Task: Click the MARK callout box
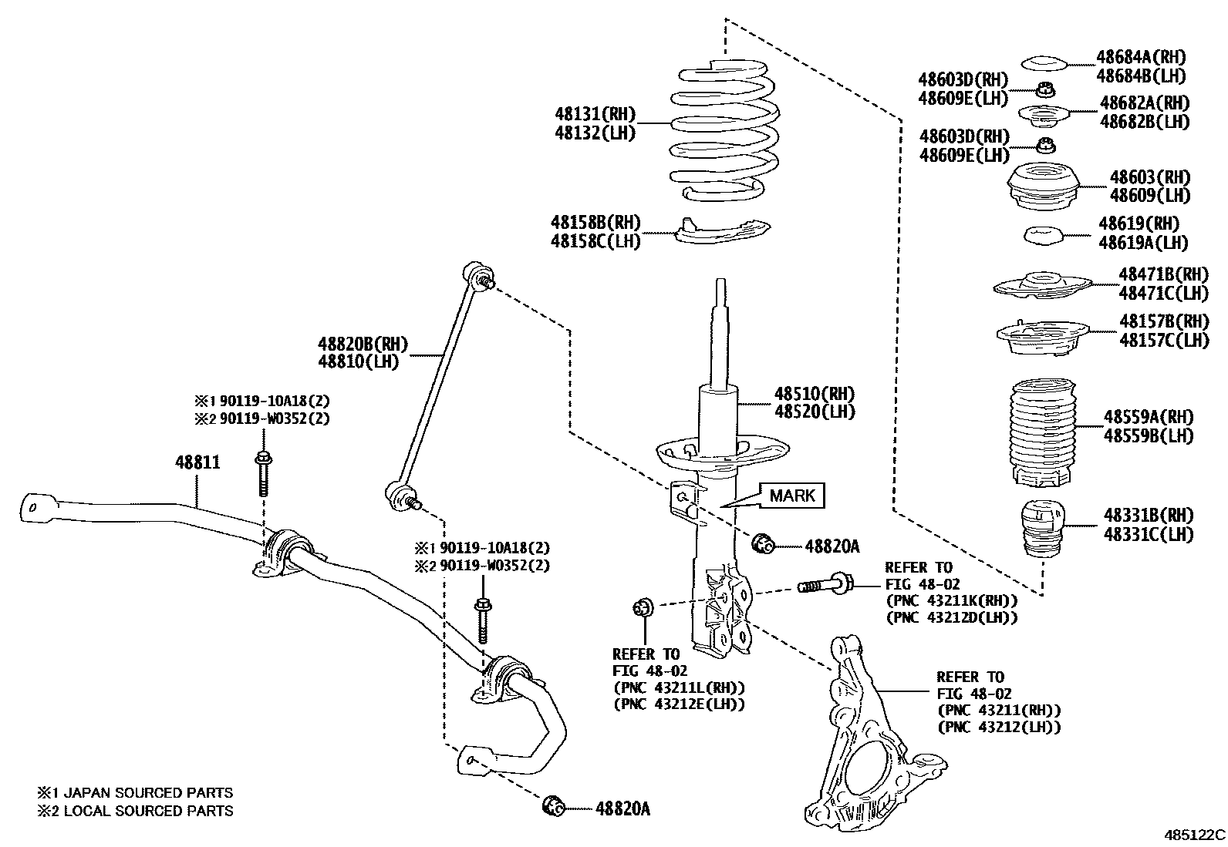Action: point(792,495)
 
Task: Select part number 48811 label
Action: point(197,462)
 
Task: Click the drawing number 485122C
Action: point(1194,835)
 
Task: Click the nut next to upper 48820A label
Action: point(763,543)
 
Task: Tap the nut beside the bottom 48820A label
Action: point(554,805)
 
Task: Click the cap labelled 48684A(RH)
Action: point(1043,63)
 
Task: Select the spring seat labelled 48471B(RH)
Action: point(1041,286)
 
